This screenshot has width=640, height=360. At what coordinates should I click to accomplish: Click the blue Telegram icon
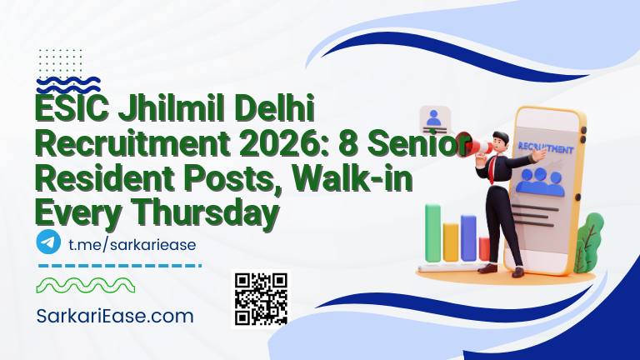click(48, 242)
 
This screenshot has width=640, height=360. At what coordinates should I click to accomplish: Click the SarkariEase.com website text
click(115, 316)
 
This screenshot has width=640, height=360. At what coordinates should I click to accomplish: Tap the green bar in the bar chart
click(432, 232)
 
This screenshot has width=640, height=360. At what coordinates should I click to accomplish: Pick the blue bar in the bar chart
click(468, 237)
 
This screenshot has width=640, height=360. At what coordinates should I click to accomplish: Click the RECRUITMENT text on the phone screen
click(545, 149)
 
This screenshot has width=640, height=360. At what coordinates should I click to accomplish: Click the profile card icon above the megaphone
click(434, 121)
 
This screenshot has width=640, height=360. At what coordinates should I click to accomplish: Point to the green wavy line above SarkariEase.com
click(84, 287)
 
